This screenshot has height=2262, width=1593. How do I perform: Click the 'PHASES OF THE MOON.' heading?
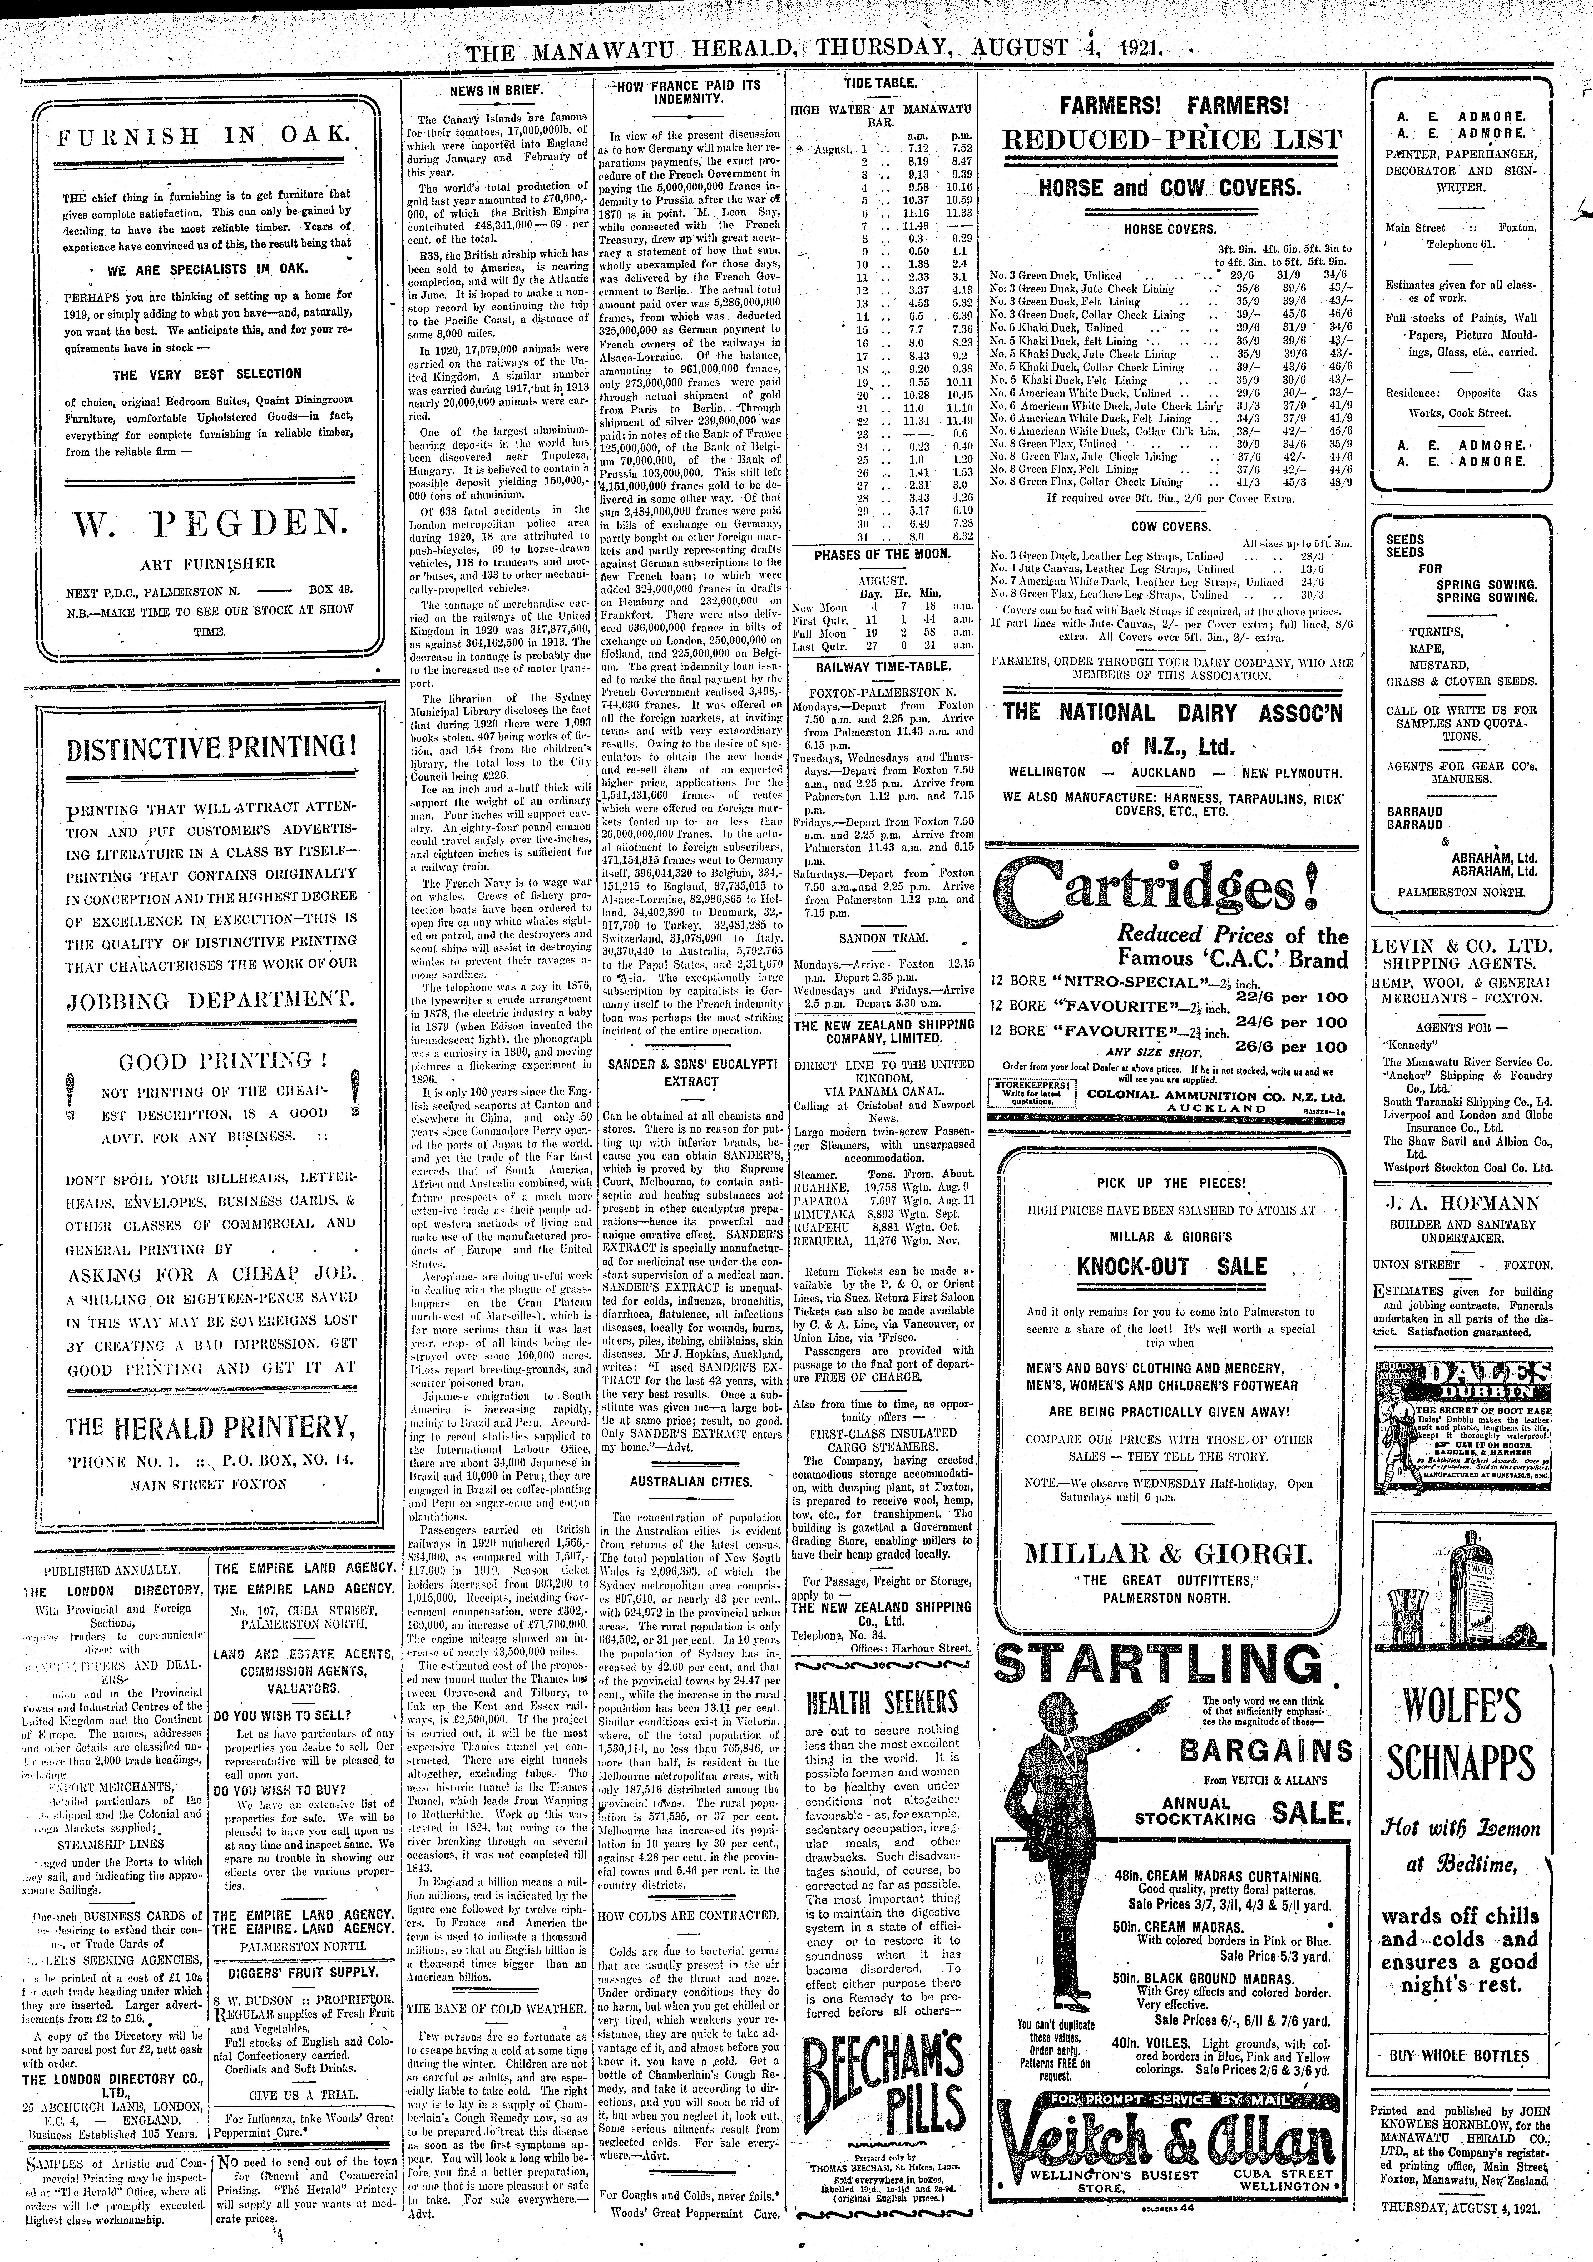(x=882, y=555)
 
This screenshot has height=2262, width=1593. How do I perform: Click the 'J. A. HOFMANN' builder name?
(x=1460, y=1203)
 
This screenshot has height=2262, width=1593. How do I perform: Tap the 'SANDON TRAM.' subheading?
(x=881, y=939)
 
